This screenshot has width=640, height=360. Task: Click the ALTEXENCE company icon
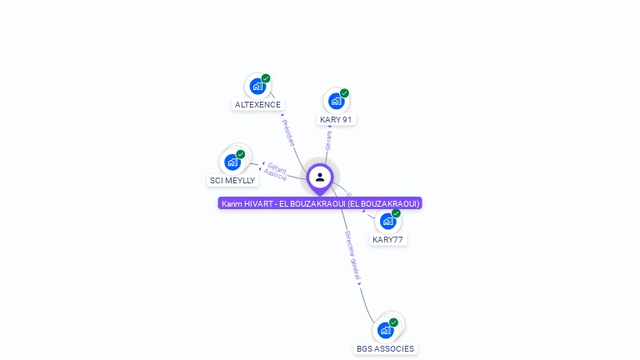pos(257,86)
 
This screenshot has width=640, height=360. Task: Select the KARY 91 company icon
pos(336,101)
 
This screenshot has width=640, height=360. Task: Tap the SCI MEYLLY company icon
pos(232,162)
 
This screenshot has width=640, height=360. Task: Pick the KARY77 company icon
pos(387,221)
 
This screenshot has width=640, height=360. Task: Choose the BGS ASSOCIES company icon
pos(385,330)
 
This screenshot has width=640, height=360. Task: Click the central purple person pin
pos(320,177)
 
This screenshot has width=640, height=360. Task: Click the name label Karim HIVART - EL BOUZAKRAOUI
pos(320,203)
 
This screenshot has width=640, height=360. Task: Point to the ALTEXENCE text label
pos(257,105)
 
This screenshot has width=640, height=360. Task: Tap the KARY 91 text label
pos(336,120)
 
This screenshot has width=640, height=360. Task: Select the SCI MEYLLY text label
pos(232,181)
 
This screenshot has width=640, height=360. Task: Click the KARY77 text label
pos(387,240)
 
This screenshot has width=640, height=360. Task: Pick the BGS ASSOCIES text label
pos(385,349)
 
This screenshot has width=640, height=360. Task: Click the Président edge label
pos(288,132)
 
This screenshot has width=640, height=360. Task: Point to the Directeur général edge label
pos(353,256)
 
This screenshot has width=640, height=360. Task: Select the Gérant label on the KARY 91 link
pos(329,139)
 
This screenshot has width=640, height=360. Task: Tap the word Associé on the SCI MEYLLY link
pos(275,175)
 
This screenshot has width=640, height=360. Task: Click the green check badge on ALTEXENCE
pos(266,78)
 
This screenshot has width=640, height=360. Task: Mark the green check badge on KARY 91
pos(344,93)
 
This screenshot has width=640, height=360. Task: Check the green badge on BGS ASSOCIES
pos(393,322)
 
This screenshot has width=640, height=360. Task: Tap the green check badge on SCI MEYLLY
pos(241,154)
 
